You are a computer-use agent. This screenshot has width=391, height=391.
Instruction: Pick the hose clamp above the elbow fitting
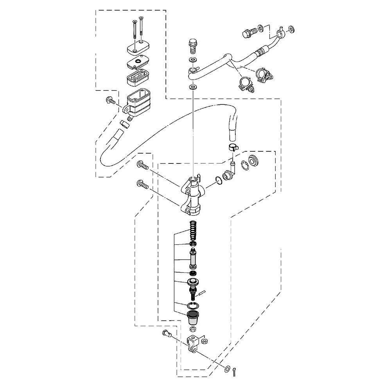click(x=233, y=148)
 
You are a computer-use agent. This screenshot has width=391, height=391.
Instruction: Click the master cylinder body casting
click(x=192, y=195)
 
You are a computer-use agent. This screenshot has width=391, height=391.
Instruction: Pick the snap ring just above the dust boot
click(x=192, y=305)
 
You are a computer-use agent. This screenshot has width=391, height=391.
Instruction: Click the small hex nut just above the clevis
click(x=192, y=329)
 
